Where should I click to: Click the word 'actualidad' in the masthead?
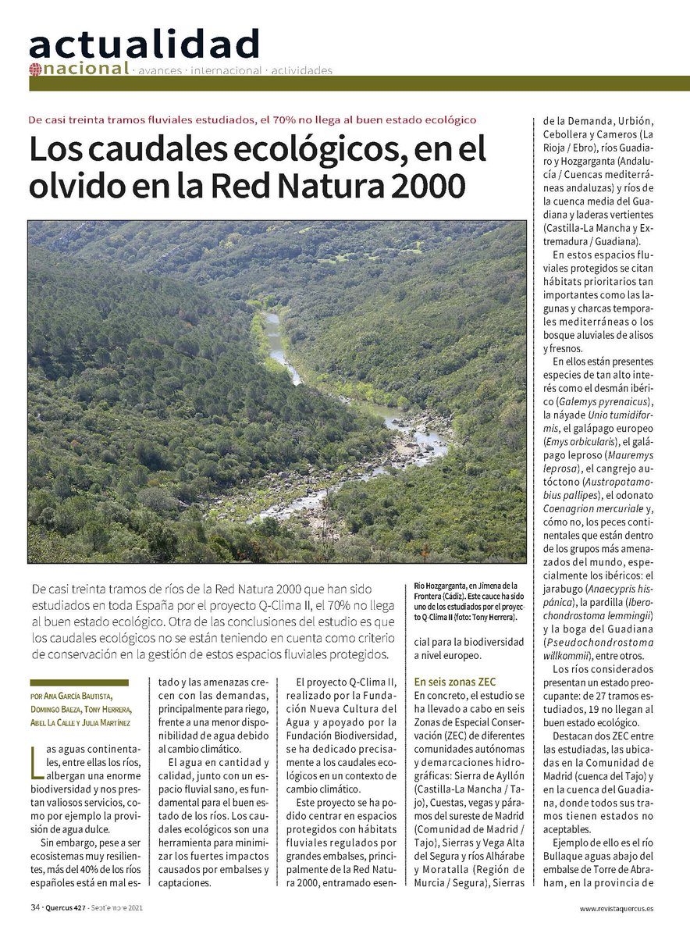144,44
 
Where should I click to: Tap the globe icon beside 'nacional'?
34,69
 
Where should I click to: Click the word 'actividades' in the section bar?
301,70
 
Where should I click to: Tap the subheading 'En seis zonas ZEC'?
455,681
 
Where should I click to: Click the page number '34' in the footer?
35,908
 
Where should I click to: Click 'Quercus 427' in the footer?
64,908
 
